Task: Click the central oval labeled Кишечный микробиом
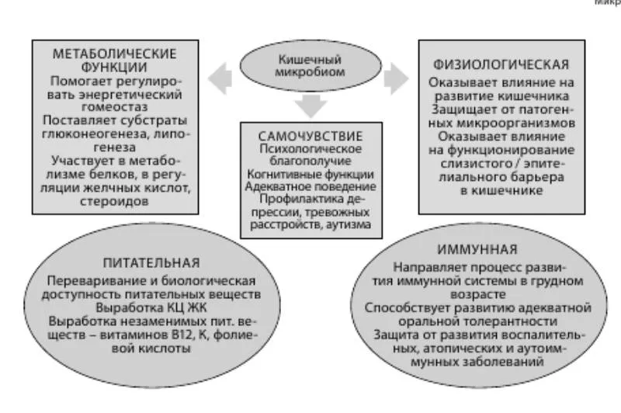coord(310,64)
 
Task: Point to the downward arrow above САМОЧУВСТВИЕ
coord(311,105)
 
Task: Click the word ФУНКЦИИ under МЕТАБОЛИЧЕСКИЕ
coord(115,67)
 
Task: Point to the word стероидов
coord(115,202)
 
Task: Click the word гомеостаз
coord(115,108)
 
